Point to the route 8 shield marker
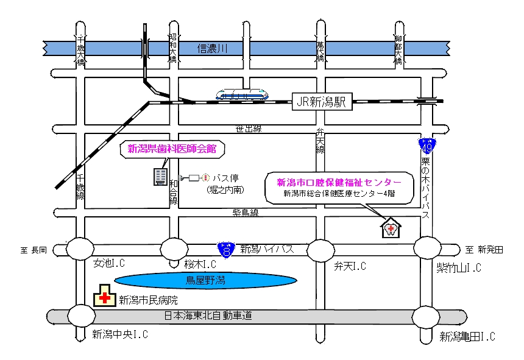[225, 249]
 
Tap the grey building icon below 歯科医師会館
[160, 177]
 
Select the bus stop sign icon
[205, 177]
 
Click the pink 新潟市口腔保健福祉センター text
[339, 182]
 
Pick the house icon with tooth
[390, 227]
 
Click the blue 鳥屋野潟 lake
[206, 280]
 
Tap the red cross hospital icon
[105, 298]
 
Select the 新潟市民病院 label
[148, 300]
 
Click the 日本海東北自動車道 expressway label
[208, 316]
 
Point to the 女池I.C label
[109, 264]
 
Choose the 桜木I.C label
[201, 264]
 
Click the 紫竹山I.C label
[459, 267]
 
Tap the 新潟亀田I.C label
[467, 336]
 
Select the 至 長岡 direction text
[34, 249]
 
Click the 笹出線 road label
[249, 129]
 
